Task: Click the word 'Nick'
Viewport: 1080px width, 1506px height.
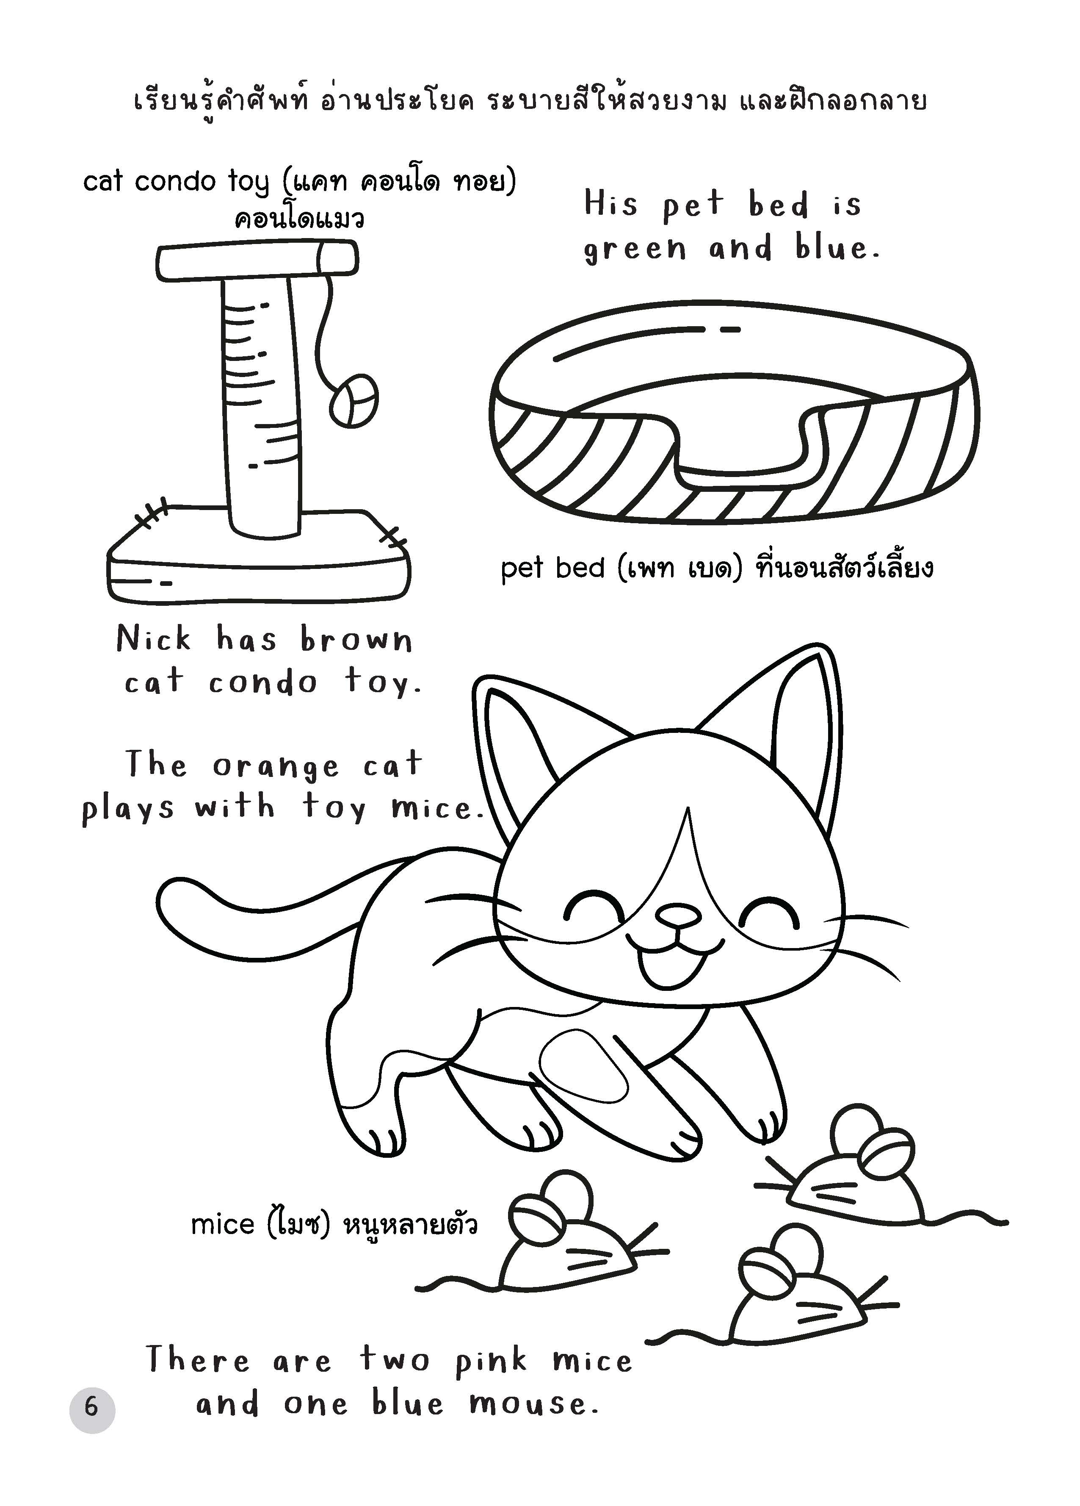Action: coord(154,639)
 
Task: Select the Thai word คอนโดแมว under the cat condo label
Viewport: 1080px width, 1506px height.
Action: coord(299,219)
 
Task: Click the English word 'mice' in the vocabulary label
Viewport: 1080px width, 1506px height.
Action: coord(222,1221)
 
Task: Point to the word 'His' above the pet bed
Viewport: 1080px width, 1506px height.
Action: coord(610,203)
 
